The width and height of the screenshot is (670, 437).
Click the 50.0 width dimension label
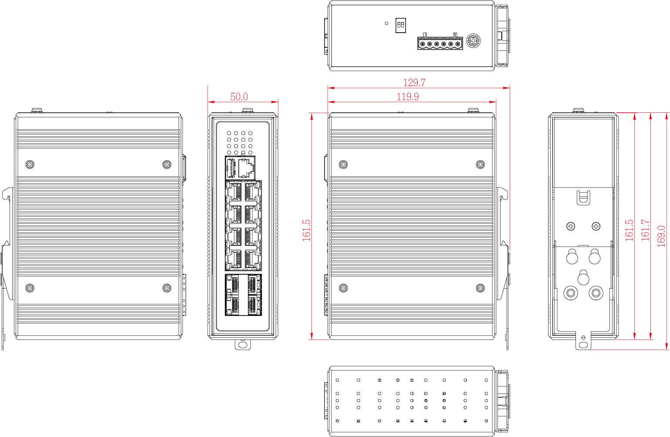coord(239,97)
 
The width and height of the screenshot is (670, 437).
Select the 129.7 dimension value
coord(414,83)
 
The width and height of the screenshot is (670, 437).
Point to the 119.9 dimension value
coord(407,97)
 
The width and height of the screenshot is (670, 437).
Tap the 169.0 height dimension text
coord(661,236)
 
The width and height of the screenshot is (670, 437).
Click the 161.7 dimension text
coord(646,230)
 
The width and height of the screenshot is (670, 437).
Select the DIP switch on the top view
coord(400,25)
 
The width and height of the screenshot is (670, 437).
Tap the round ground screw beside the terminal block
coord(473,40)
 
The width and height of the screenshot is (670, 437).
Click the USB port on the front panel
coord(231,168)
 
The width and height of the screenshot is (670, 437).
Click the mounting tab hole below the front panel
coord(243,345)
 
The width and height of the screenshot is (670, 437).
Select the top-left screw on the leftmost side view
coord(30,165)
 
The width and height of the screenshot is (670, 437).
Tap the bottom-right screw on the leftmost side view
coord(166,288)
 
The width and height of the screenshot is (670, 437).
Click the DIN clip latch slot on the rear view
coord(583,198)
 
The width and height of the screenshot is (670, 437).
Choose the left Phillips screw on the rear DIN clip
coord(571,226)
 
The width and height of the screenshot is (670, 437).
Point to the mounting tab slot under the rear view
coord(583,345)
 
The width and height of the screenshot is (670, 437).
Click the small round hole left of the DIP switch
coord(386,24)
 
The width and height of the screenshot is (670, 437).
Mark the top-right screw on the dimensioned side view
coord(480,165)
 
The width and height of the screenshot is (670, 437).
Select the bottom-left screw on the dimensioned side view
coord(343,288)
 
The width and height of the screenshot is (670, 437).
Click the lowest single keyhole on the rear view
coord(583,278)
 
